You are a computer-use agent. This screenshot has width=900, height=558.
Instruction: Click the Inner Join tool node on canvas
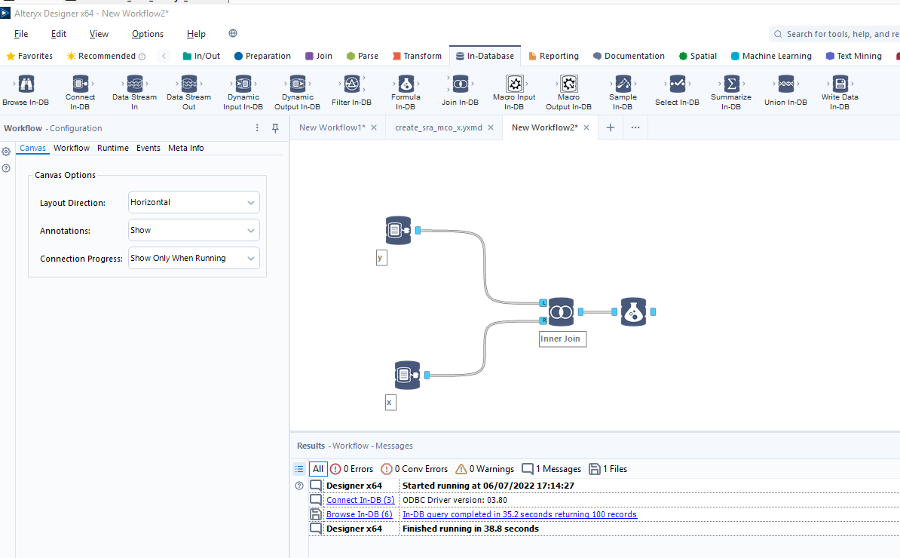pyautogui.click(x=561, y=311)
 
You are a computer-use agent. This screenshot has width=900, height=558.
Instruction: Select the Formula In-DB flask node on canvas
pyautogui.click(x=633, y=311)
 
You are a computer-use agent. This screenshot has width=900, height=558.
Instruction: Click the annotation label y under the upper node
pyautogui.click(x=381, y=258)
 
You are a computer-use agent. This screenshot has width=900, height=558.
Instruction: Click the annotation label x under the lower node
pyautogui.click(x=390, y=403)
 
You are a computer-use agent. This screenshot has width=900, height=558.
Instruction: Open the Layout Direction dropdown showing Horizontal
pyautogui.click(x=194, y=202)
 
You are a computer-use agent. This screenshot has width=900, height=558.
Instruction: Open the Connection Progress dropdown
pyautogui.click(x=194, y=258)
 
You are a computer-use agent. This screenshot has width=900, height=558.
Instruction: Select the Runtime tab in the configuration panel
pyautogui.click(x=113, y=148)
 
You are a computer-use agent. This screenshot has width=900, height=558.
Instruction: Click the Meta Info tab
pyautogui.click(x=185, y=148)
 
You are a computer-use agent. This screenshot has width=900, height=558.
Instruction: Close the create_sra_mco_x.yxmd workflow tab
pyautogui.click(x=491, y=127)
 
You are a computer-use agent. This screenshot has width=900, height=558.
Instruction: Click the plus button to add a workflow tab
pyautogui.click(x=611, y=127)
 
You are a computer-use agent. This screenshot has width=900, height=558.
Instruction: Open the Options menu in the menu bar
pyautogui.click(x=148, y=34)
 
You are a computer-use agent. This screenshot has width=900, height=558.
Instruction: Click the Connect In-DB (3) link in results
pyautogui.click(x=360, y=500)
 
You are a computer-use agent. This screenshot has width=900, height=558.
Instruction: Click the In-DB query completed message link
pyautogui.click(x=519, y=514)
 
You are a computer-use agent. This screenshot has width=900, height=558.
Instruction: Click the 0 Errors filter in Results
pyautogui.click(x=351, y=469)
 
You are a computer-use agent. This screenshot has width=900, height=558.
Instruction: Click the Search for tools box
pyautogui.click(x=837, y=34)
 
